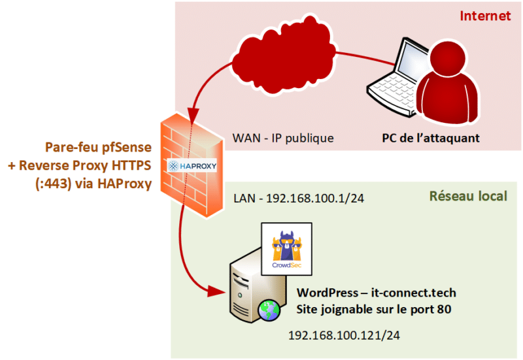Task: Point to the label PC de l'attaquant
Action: click(x=431, y=139)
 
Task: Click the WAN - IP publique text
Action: click(x=283, y=139)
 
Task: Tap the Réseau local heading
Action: click(x=468, y=196)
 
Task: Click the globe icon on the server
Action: click(x=267, y=310)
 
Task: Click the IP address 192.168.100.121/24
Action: click(x=344, y=336)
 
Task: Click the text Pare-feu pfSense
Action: click(x=96, y=148)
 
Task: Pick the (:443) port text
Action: click(x=52, y=184)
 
